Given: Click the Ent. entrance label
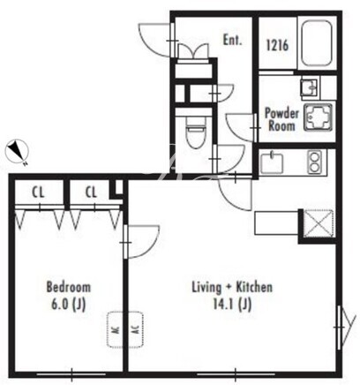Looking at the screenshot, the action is point(232,40).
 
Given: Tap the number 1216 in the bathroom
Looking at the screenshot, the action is point(277,45).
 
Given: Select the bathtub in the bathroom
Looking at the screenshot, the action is point(317,43).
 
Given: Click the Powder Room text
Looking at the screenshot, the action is point(281,119).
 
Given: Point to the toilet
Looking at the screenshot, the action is point(195,136).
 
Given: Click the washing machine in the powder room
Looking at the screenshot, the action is point(319,118).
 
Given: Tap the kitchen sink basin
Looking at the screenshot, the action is point(271,162).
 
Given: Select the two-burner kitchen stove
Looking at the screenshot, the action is point(314,162).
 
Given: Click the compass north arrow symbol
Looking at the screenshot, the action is point(18,152).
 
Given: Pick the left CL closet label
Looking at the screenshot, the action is point(39,192).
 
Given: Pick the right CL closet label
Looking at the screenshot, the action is point(91,192).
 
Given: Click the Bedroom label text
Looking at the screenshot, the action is point(69,287).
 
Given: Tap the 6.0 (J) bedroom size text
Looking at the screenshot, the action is point(69,305).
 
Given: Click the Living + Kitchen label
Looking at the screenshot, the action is point(232,287).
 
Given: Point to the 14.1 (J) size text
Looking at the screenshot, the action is point(232,305).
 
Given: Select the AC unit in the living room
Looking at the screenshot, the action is point(135,329).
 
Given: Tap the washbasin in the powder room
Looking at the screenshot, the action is point(309,87).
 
